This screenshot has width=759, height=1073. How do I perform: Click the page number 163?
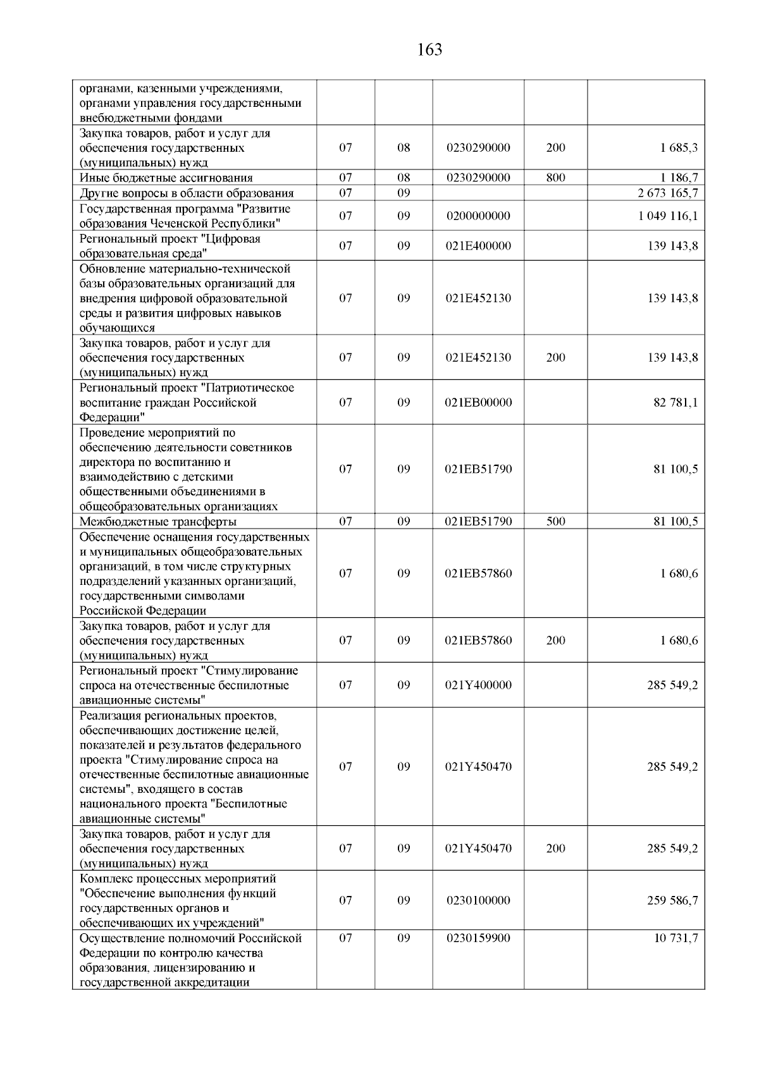pyautogui.click(x=430, y=50)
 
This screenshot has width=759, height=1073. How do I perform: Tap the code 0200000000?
pyautogui.click(x=478, y=216)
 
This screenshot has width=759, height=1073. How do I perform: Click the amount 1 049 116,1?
pyautogui.click(x=668, y=216)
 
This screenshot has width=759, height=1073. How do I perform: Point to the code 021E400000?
pyautogui.click(x=478, y=246)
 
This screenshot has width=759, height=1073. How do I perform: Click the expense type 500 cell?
pyautogui.click(x=555, y=522)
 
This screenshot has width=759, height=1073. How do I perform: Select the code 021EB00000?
pyautogui.click(x=478, y=403)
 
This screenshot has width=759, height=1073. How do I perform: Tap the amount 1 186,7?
pyautogui.click(x=679, y=178)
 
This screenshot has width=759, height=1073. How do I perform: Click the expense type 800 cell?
pyautogui.click(x=555, y=178)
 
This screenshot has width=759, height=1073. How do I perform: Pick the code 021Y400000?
pyautogui.click(x=478, y=685)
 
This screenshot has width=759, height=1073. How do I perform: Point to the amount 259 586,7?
pyautogui.click(x=672, y=900)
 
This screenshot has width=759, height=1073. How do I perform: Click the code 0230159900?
pyautogui.click(x=478, y=938)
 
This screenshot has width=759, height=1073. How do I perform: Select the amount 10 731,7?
pyautogui.click(x=676, y=938)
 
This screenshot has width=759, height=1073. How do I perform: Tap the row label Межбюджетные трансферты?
pyautogui.click(x=158, y=522)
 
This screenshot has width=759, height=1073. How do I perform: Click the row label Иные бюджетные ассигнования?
pyautogui.click(x=166, y=178)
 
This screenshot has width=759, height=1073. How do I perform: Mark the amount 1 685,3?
pyautogui.click(x=679, y=148)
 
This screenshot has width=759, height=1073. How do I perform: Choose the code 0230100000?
pyautogui.click(x=478, y=900)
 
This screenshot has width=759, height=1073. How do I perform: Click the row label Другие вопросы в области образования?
pyautogui.click(x=187, y=193)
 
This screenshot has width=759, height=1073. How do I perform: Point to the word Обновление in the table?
pyautogui.click(x=109, y=269)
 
